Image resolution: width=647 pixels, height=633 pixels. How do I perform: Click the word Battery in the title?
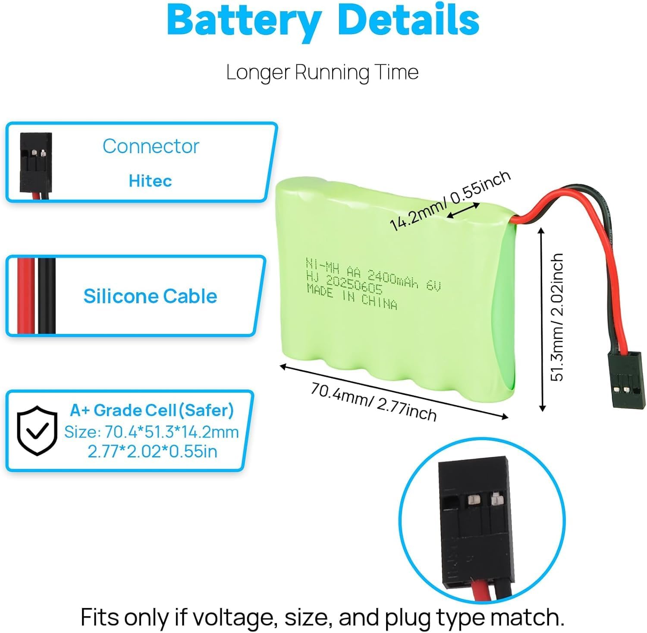tap(244, 20)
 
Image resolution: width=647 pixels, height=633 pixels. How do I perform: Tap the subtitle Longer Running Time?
tap(322, 72)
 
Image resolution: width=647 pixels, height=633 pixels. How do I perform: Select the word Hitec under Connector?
tap(150, 181)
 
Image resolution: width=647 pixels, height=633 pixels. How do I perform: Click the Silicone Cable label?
tap(150, 296)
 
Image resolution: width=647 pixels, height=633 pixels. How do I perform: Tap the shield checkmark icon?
tap(37, 430)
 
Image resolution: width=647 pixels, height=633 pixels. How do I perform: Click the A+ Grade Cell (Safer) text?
tap(152, 410)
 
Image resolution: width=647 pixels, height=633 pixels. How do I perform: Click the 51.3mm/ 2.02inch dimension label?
tap(557, 317)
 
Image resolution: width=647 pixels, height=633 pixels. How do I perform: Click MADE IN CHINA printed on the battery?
tap(352, 297)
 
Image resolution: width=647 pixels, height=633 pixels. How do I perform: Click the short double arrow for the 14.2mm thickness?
tap(463, 211)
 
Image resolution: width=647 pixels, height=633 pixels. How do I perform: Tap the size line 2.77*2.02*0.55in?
tap(152, 451)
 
